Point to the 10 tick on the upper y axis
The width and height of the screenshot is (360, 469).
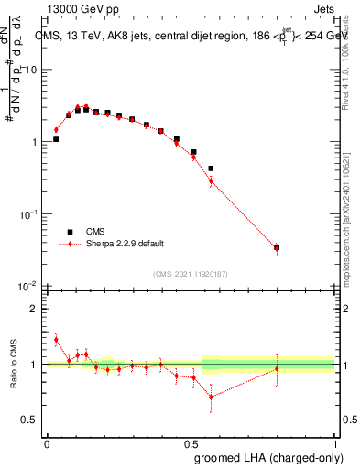tap(31, 71)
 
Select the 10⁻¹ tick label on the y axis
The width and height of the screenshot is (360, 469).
tap(27, 213)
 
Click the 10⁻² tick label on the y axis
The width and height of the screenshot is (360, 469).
tap(27, 285)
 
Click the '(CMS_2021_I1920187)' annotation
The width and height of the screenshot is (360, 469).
tap(190, 273)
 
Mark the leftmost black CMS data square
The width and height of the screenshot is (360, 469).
tap(56, 139)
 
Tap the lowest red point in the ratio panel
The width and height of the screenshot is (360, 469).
tap(211, 397)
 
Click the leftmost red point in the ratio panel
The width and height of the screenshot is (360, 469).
tap(56, 340)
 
